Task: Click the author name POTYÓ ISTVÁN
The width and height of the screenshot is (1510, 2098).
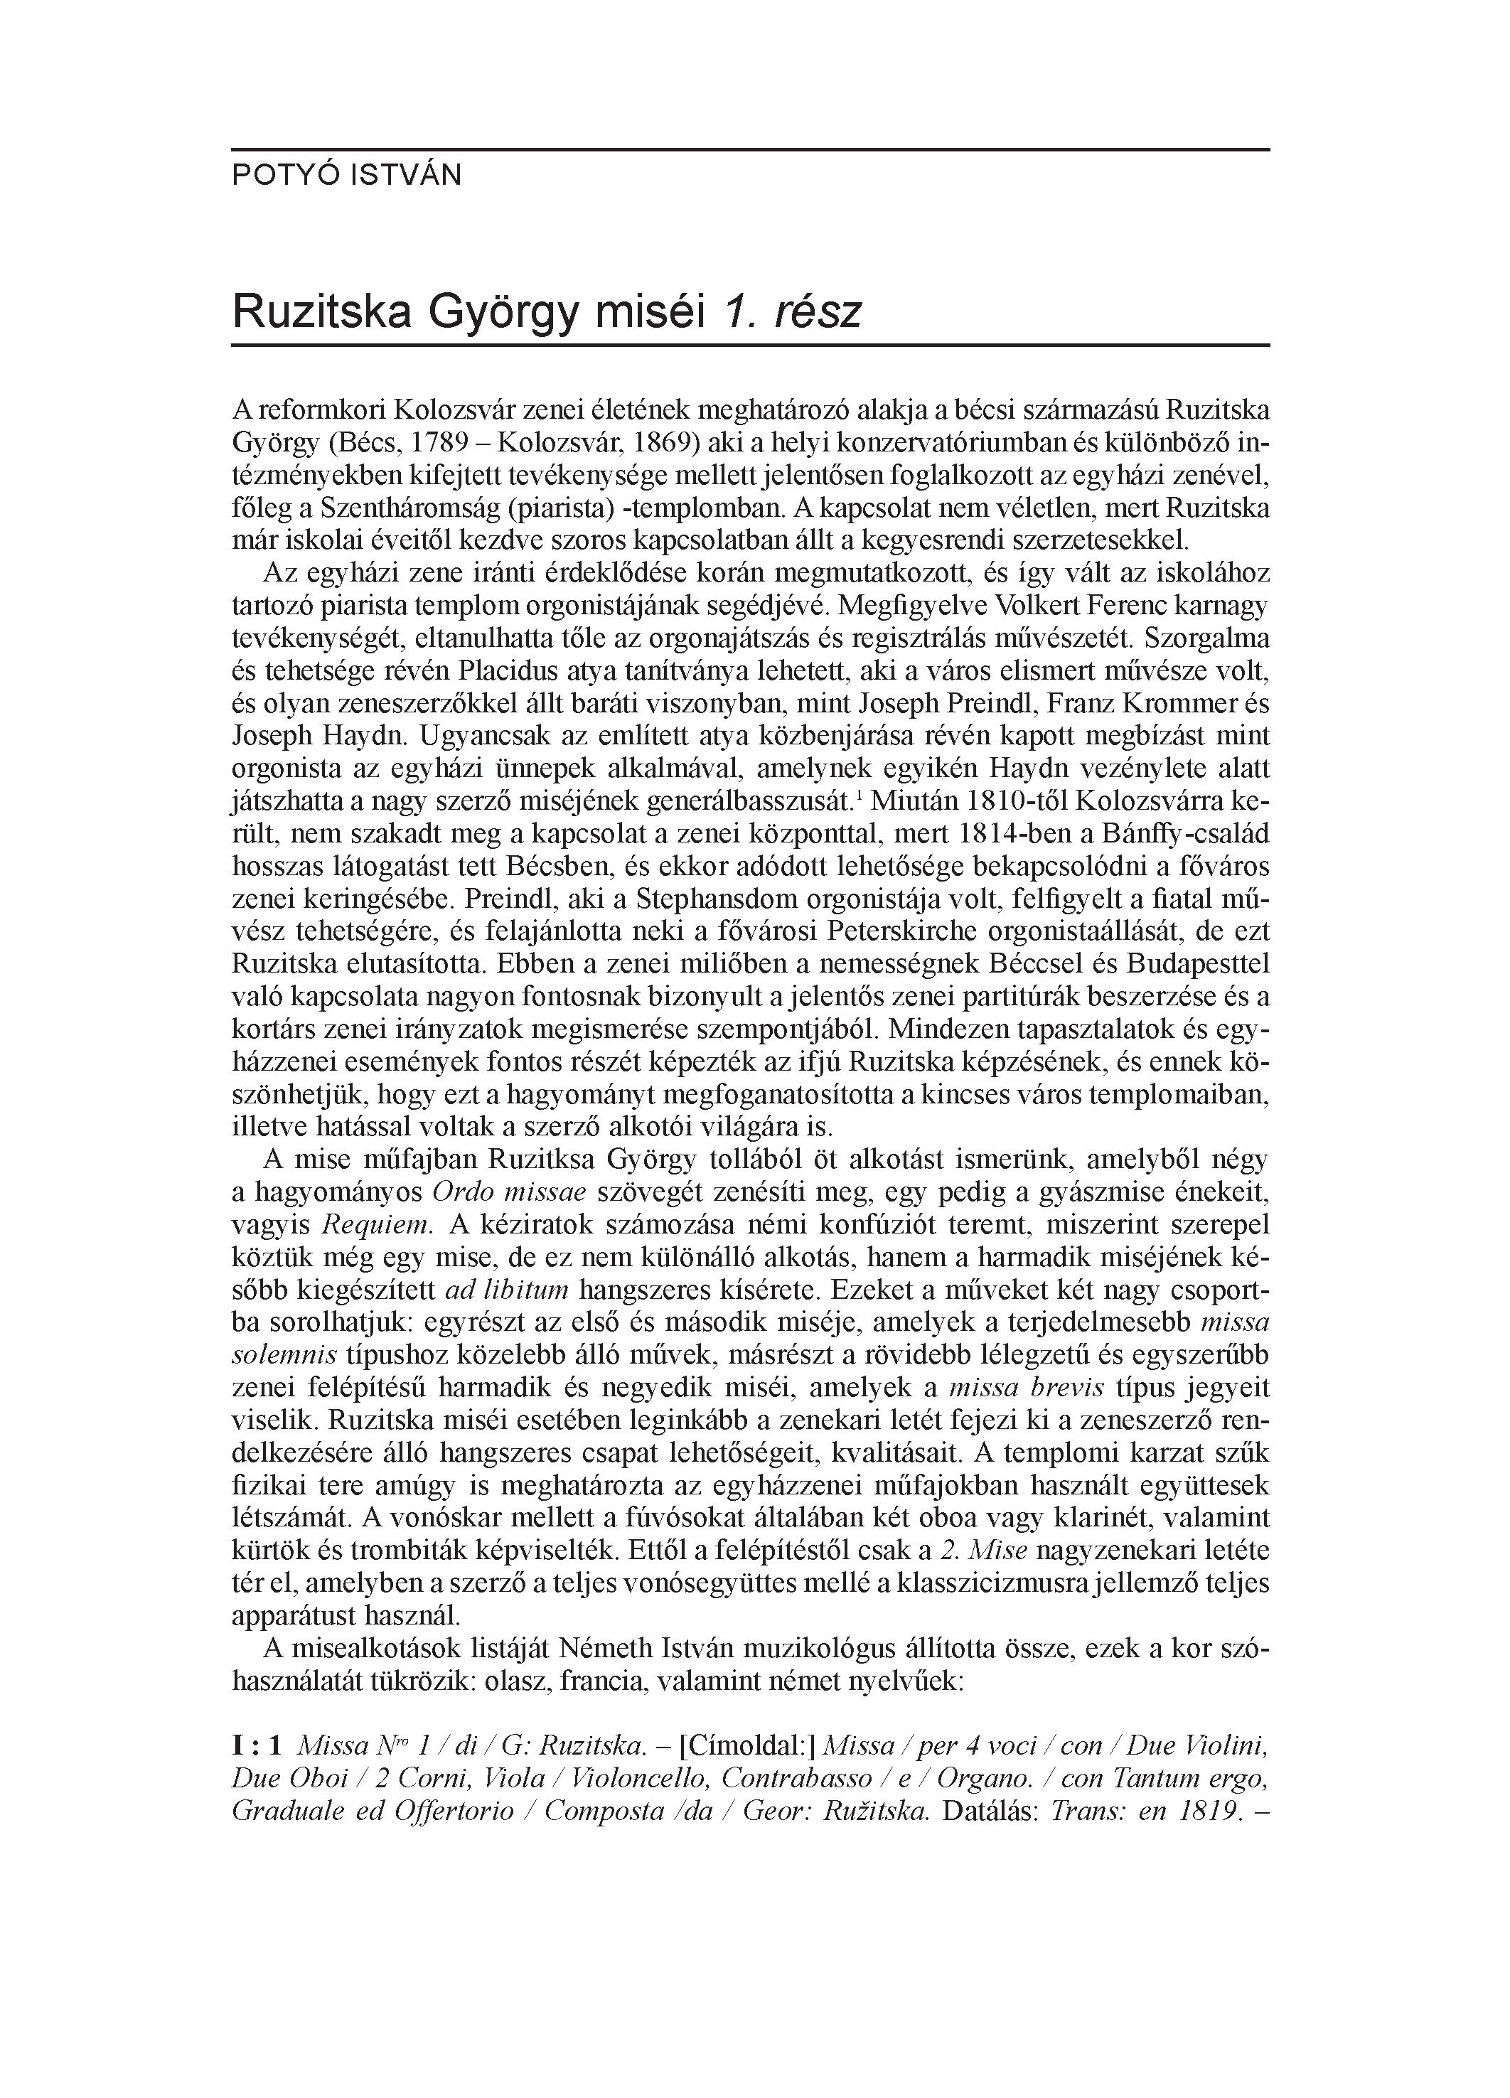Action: (346, 176)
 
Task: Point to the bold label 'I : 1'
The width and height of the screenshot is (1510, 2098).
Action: (257, 1747)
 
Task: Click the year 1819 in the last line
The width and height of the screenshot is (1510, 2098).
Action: (1209, 1811)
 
